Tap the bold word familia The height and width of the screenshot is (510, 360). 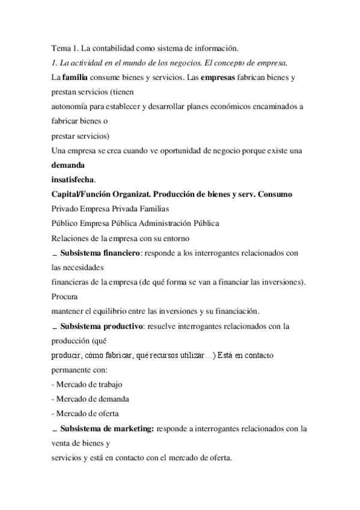[75, 77]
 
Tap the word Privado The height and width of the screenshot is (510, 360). [65, 208]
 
